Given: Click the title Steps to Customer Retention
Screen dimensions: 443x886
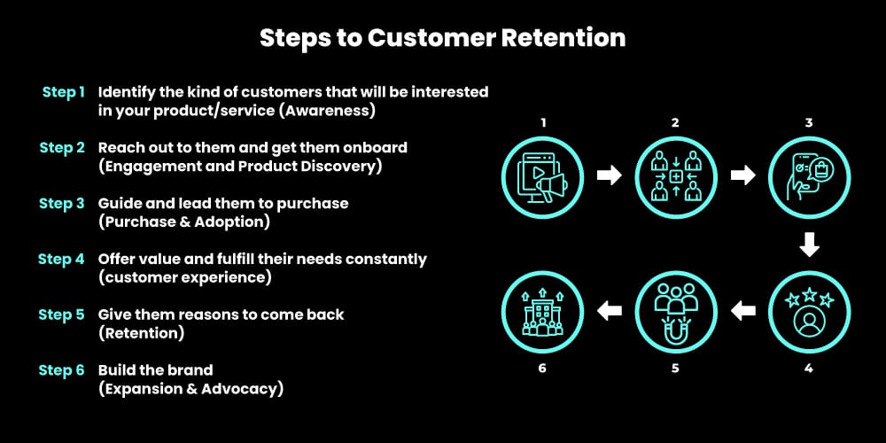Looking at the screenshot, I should [x=442, y=38].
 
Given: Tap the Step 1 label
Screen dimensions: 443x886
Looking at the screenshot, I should [x=64, y=92].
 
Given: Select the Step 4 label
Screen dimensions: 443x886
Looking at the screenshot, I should [x=62, y=260].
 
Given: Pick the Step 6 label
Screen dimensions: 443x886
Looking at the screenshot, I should [x=62, y=370].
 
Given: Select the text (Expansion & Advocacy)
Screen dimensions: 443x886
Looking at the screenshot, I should [x=190, y=389].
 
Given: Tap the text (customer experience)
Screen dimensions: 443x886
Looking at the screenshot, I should [x=184, y=278].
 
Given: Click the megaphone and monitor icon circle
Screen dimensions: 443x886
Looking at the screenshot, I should [x=542, y=175].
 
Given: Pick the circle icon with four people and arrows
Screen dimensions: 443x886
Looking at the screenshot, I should [x=675, y=175].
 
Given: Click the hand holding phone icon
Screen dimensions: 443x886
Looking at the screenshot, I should [x=808, y=175].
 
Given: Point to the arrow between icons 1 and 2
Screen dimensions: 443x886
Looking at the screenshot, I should [x=609, y=175].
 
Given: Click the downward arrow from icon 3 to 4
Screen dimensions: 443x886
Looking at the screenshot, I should [x=808, y=244].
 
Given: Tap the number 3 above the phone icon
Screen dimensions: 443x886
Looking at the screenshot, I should [x=808, y=122].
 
